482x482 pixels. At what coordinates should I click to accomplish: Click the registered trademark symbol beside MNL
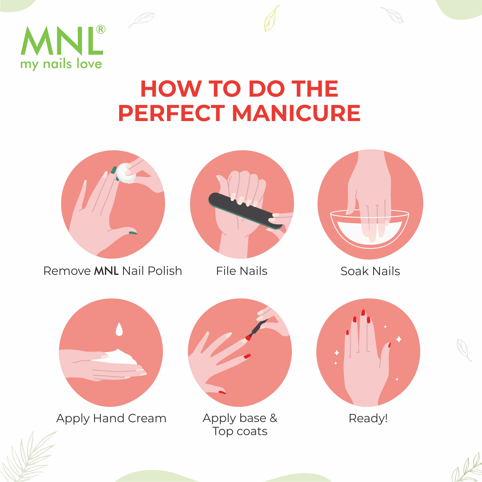tap(101, 29)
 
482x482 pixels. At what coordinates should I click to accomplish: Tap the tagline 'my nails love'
tap(61, 64)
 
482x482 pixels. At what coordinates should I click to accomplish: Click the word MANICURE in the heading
tap(296, 113)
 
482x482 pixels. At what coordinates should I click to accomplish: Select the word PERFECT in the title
tap(171, 113)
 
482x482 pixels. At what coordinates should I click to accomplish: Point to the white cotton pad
tap(126, 173)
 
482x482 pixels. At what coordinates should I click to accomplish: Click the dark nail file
tap(246, 210)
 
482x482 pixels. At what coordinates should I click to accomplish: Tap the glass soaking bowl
tap(370, 229)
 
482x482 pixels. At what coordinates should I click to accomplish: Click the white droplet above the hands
tap(119, 329)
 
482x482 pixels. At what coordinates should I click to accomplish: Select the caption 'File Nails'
tap(242, 271)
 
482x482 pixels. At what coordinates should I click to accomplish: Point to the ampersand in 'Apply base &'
tap(273, 418)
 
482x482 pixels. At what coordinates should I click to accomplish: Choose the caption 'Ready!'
tap(368, 418)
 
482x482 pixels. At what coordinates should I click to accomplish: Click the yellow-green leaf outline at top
tap(272, 18)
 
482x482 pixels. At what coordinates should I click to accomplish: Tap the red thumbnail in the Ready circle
tap(390, 345)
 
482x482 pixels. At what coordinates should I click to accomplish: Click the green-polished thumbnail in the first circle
tap(133, 232)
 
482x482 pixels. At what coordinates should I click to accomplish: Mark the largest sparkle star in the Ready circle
tap(399, 339)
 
